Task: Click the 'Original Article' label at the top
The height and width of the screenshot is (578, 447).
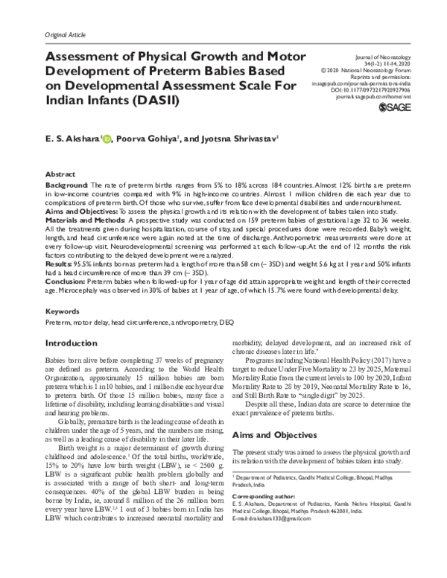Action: (66, 35)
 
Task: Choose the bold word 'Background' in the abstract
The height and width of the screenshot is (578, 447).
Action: (68, 183)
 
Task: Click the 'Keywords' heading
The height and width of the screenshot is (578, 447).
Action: (63, 311)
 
